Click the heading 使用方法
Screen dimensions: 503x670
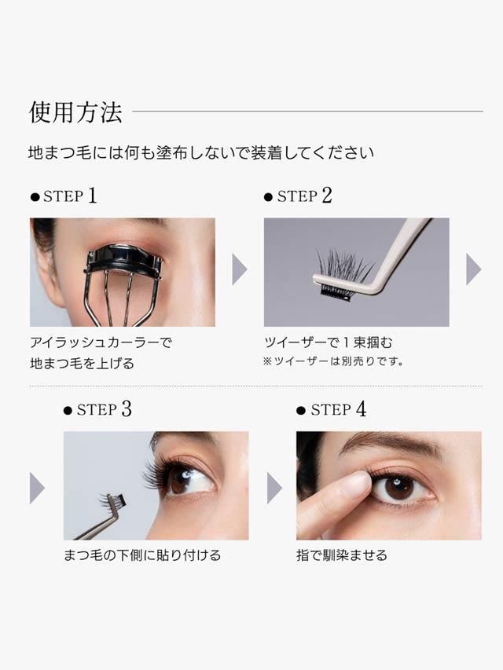point(75,112)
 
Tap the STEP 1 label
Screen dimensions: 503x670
point(64,196)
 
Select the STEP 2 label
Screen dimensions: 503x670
point(298,196)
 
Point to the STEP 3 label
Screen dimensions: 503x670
point(97,409)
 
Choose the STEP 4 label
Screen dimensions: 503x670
point(332,409)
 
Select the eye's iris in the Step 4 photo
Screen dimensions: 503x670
point(399,489)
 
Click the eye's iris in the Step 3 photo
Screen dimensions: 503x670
point(182,480)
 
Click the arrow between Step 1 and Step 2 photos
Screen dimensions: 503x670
point(240,269)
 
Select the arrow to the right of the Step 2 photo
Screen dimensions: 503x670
point(473,269)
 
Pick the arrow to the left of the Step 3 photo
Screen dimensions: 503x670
point(37,488)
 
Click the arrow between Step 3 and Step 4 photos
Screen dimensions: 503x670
point(274,488)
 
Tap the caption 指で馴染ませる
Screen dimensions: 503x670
point(342,555)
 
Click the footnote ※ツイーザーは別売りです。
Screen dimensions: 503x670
point(333,361)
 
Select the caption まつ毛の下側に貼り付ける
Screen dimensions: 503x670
point(142,555)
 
